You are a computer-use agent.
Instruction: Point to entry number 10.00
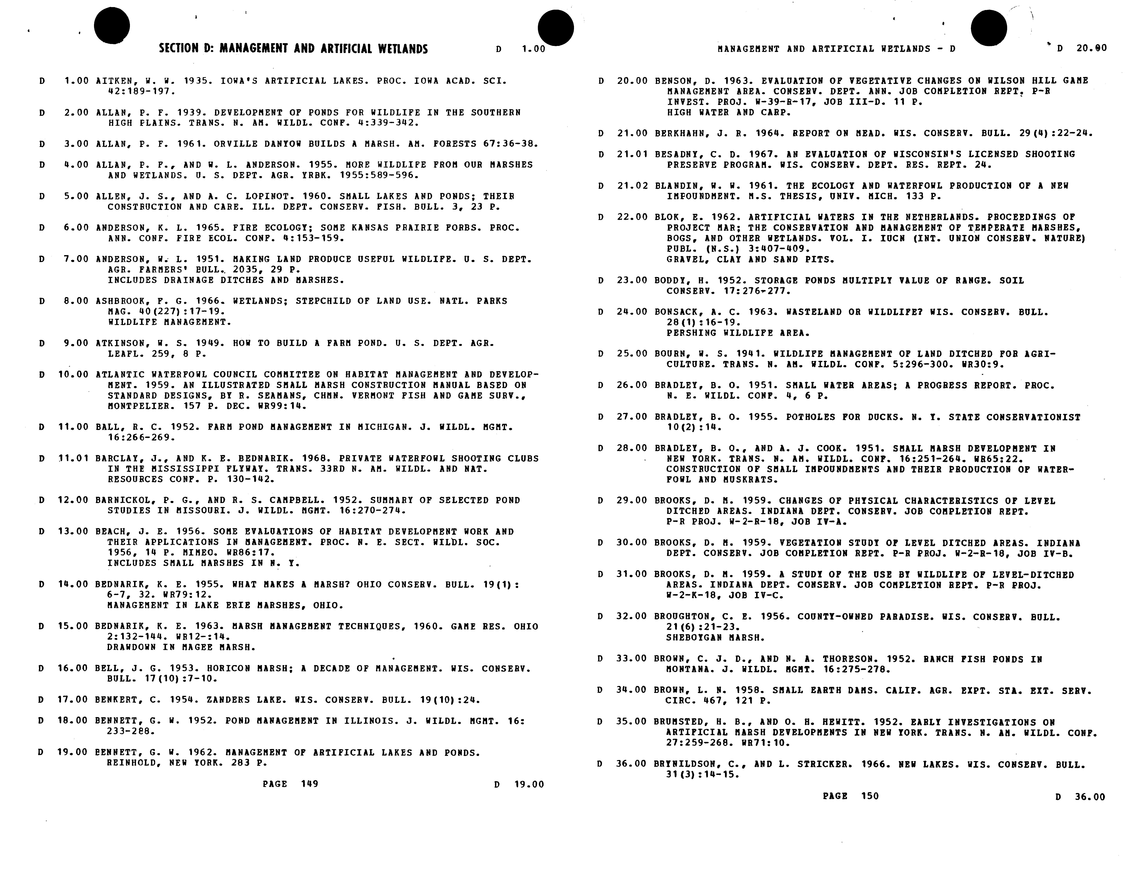[x=73, y=374]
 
